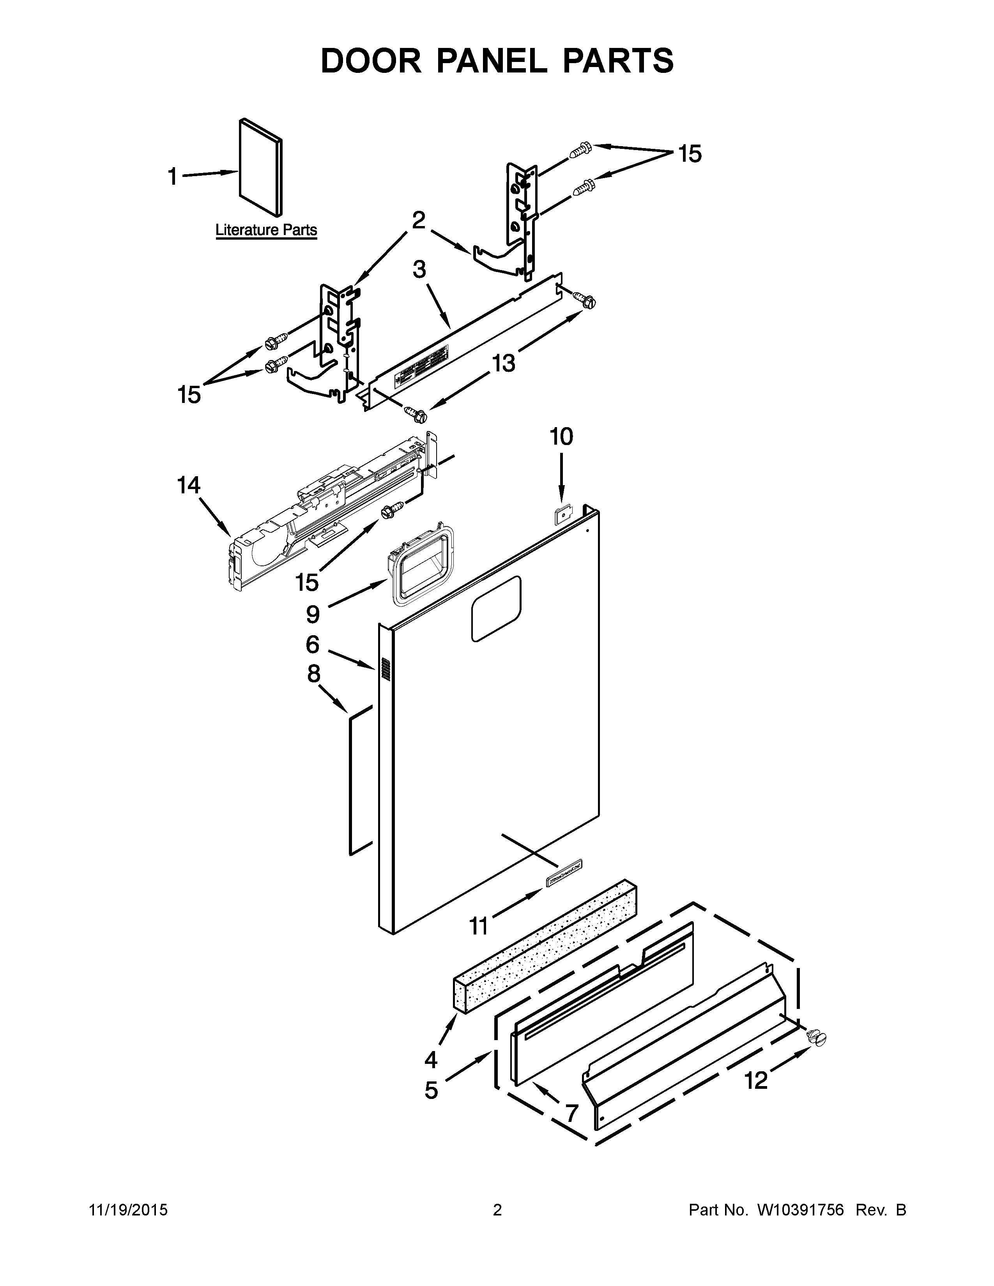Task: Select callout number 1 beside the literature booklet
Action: (x=173, y=176)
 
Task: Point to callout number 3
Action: (x=419, y=270)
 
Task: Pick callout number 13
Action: (x=504, y=363)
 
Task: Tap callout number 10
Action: (x=561, y=437)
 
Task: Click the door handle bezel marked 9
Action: (x=421, y=564)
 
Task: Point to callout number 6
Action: (x=312, y=645)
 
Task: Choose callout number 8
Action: (x=313, y=674)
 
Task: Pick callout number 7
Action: (x=571, y=1113)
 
